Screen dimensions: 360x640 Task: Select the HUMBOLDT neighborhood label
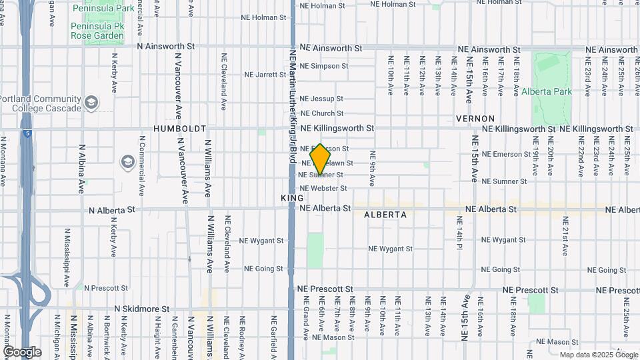(180, 128)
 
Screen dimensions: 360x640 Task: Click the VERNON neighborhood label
(475, 118)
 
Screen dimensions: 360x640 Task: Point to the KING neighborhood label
(292, 198)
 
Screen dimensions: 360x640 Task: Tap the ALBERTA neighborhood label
(385, 215)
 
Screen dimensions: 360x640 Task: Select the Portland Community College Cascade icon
(91, 103)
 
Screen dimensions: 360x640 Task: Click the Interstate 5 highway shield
(25, 133)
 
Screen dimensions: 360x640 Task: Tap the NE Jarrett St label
(265, 75)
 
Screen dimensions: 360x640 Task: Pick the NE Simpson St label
(323, 66)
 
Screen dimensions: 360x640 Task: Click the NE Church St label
(321, 113)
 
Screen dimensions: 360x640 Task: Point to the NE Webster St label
(323, 189)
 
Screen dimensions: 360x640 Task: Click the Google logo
(22, 351)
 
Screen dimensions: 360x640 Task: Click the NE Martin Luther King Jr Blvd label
(292, 107)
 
